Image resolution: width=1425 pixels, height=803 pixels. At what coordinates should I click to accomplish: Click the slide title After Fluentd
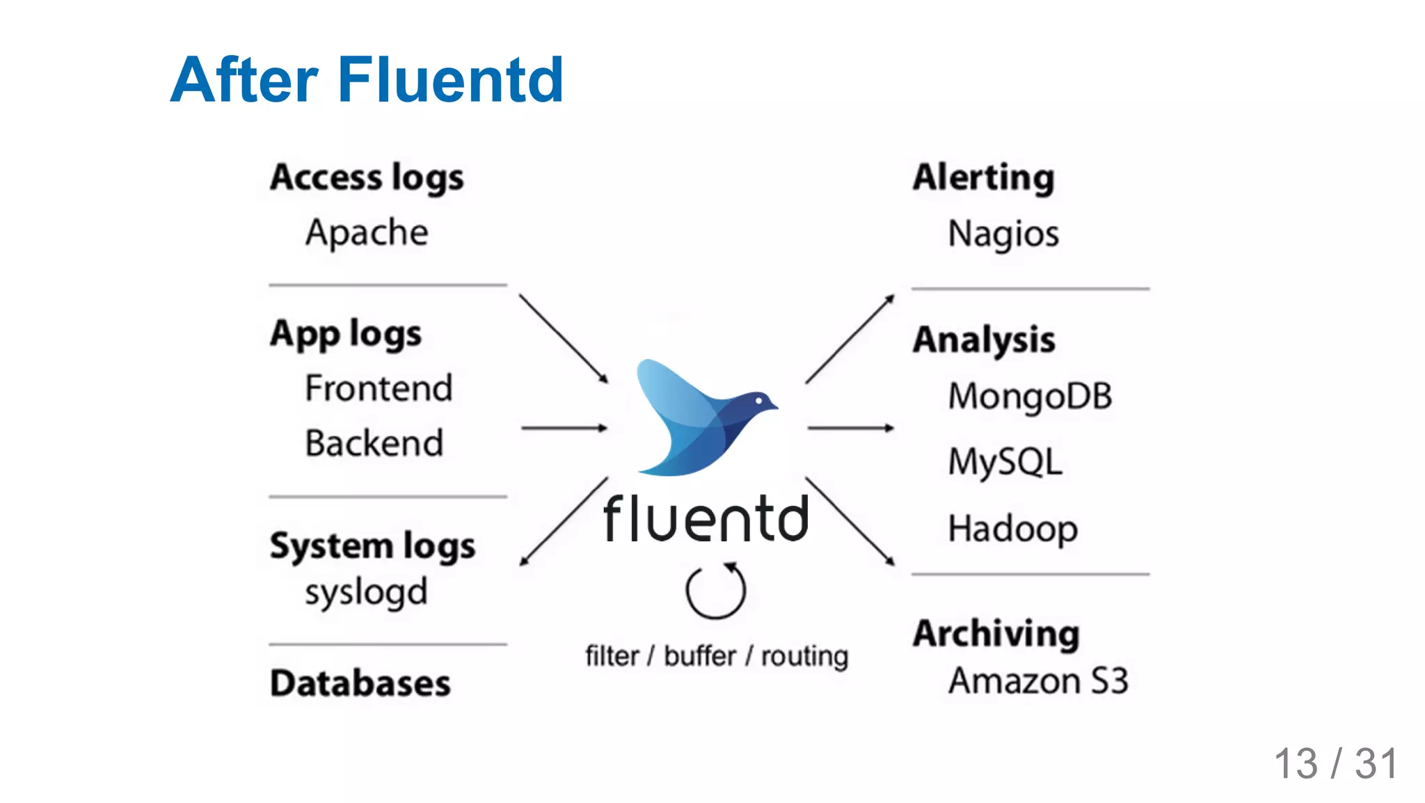click(x=367, y=80)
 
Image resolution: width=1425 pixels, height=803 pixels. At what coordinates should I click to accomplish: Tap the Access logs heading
click(x=367, y=177)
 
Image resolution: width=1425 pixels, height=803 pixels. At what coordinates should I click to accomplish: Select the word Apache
click(x=367, y=232)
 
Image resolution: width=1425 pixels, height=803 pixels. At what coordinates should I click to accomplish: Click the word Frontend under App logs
click(x=379, y=388)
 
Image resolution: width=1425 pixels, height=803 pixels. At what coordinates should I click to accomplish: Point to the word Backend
click(x=374, y=443)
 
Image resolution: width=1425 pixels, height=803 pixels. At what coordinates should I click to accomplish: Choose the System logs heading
click(x=372, y=546)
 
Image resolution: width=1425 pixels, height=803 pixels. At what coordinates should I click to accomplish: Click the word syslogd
click(x=366, y=593)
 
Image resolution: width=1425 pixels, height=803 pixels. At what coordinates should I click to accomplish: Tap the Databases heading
click(x=360, y=683)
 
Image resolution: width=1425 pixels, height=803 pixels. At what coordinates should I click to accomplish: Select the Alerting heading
click(x=983, y=177)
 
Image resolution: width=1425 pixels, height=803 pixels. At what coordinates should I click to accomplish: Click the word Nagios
click(x=1003, y=234)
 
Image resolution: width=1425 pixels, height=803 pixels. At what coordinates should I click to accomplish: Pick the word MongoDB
click(x=1030, y=397)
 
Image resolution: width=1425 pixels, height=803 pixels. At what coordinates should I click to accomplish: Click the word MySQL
click(x=1005, y=462)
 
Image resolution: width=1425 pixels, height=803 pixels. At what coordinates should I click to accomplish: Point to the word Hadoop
click(x=1012, y=529)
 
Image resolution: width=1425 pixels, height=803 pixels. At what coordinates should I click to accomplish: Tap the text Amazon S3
click(x=1037, y=681)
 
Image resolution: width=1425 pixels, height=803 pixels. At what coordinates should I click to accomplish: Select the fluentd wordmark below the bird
click(x=706, y=519)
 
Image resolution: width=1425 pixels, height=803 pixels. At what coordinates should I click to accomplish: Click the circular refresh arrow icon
click(x=715, y=591)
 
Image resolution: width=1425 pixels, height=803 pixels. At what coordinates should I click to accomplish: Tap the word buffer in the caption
click(x=699, y=656)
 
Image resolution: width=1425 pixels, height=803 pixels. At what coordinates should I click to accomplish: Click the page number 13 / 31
click(x=1335, y=763)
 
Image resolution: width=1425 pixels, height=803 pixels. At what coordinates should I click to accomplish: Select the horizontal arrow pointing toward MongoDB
click(x=850, y=428)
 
